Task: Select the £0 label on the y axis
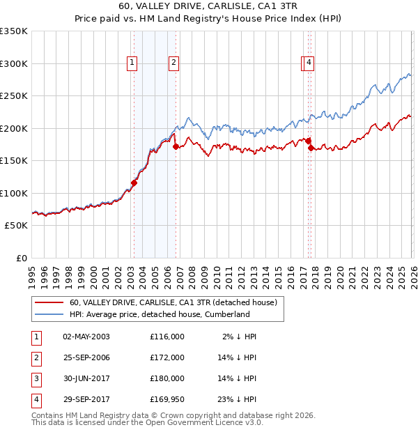22,258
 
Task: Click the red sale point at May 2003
134,183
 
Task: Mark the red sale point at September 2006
176,146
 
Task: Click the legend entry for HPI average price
160,314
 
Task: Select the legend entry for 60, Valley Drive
173,302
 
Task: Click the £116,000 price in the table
167,336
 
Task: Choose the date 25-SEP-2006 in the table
86,357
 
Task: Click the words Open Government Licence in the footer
203,422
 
